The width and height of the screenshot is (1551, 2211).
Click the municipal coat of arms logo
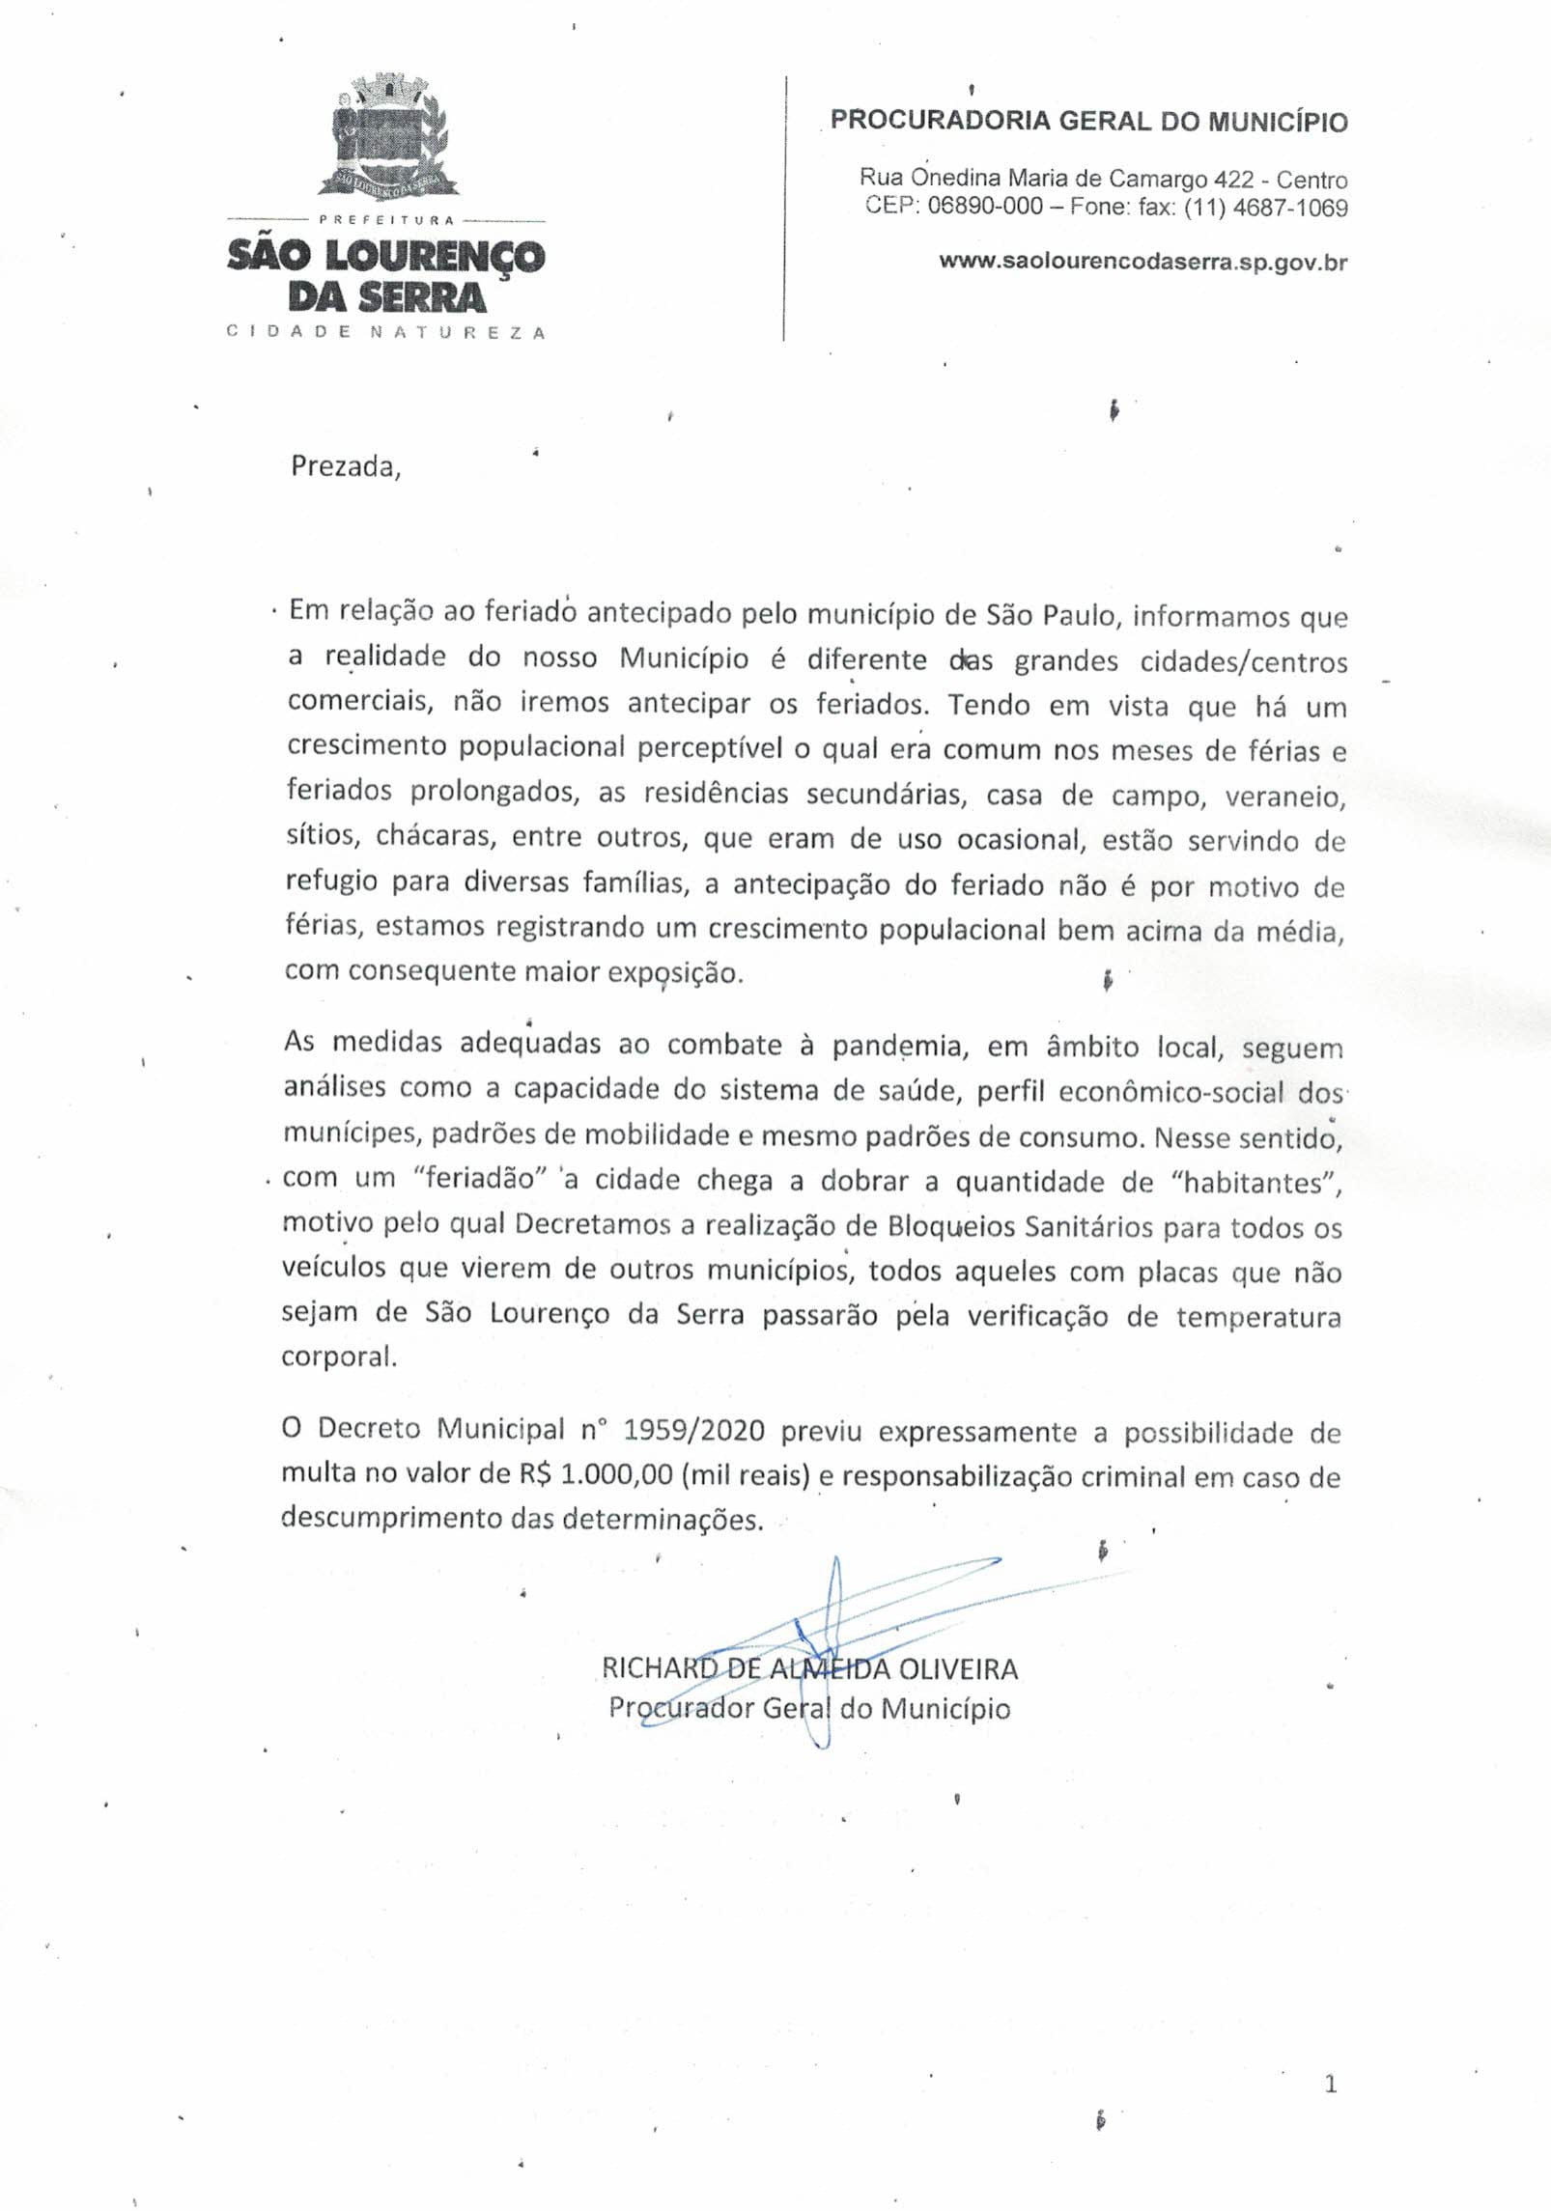tap(385, 136)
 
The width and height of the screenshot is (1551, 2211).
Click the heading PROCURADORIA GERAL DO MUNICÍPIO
tap(1088, 122)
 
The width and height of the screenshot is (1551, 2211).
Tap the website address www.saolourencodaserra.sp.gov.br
tap(1142, 262)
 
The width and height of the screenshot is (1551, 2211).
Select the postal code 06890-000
tap(984, 207)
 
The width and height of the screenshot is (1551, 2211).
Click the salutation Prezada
tap(345, 467)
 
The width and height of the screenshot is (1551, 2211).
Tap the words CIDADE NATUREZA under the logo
tap(385, 332)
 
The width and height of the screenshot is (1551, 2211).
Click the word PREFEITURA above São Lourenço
tap(386, 220)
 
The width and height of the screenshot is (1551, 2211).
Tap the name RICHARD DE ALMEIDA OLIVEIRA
tap(809, 1667)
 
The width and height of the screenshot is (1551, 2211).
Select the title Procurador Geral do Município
tap(809, 1708)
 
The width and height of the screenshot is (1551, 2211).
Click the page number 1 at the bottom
tap(1331, 2085)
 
